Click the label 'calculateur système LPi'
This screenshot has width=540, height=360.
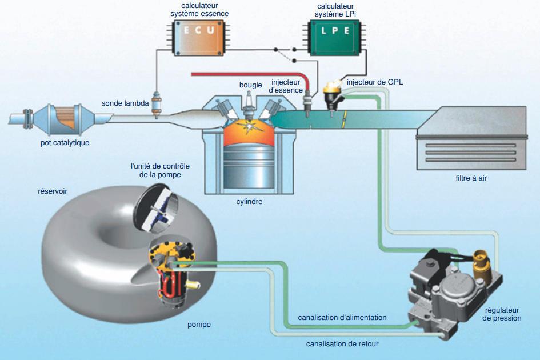tap(335, 10)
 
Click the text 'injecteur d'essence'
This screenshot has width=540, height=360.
tap(287, 86)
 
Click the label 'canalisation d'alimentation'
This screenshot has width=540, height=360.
tap(342, 317)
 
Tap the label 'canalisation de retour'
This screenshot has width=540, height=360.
tap(342, 344)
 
